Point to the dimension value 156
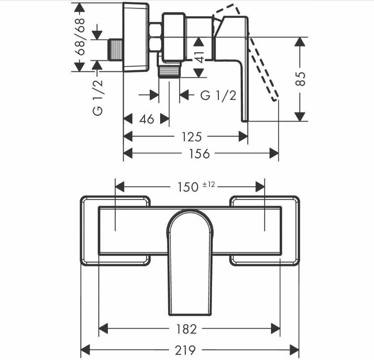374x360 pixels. tap(200, 154)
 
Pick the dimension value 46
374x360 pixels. tap(147, 119)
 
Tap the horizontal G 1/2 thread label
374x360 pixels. tap(218, 95)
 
